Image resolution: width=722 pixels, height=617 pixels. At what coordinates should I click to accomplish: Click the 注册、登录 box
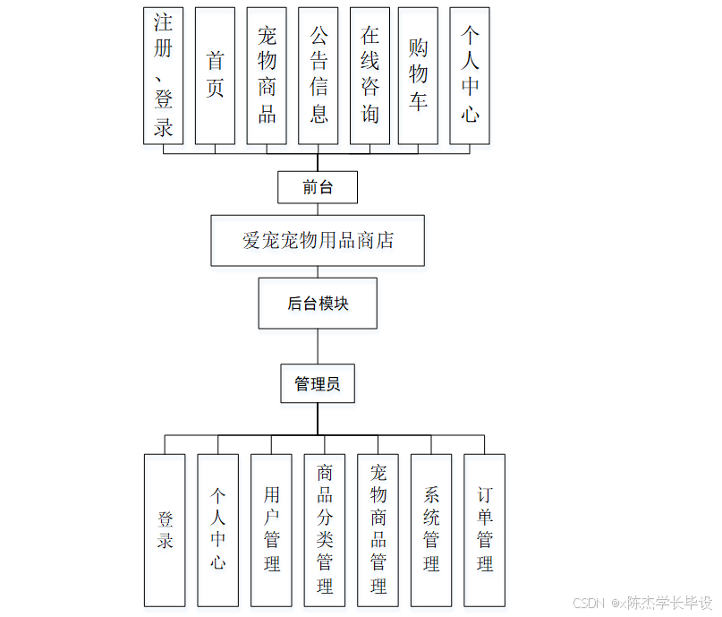[x=163, y=75]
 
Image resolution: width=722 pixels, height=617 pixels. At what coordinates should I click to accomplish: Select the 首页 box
[x=215, y=75]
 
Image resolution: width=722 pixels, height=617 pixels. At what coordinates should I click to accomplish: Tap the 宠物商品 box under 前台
[x=267, y=75]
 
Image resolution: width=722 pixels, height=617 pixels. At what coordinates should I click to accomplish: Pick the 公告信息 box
[x=318, y=75]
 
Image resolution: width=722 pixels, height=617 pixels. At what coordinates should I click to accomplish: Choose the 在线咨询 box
[x=369, y=75]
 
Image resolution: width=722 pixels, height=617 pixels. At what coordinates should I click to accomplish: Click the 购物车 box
[x=418, y=75]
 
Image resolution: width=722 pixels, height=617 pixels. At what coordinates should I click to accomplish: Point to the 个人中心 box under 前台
[x=470, y=75]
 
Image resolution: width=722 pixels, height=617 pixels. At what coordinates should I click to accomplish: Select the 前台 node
[x=318, y=187]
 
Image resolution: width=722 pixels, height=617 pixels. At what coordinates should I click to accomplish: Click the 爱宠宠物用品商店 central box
[x=318, y=240]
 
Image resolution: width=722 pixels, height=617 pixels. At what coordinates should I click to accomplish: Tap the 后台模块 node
[x=318, y=304]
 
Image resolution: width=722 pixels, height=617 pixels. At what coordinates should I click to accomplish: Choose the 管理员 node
[x=318, y=384]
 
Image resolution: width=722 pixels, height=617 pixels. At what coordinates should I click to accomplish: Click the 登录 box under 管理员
[x=165, y=530]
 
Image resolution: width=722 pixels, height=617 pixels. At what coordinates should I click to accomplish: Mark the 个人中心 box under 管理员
[x=217, y=530]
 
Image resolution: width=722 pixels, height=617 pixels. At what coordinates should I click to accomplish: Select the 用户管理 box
[x=271, y=530]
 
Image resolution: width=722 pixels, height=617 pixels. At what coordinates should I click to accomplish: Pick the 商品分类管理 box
[x=325, y=530]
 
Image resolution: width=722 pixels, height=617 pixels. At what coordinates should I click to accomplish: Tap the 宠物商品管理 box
[x=378, y=530]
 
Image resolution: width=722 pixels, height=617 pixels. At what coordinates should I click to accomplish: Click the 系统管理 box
[x=431, y=530]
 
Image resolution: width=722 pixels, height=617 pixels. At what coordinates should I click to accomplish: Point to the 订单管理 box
[x=484, y=530]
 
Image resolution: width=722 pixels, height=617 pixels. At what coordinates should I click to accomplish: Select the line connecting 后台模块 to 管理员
[x=318, y=347]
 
